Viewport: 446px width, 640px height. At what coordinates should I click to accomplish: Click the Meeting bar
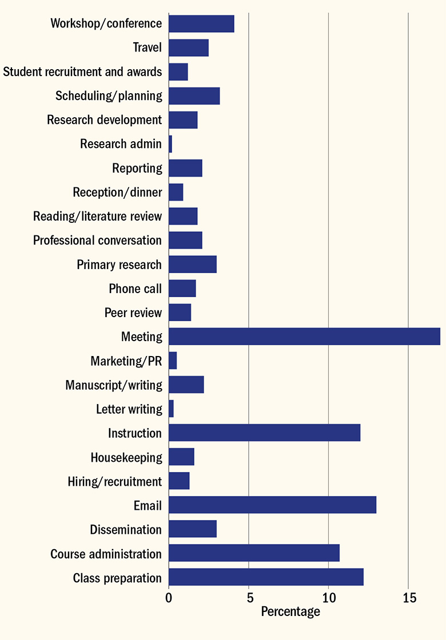(304, 337)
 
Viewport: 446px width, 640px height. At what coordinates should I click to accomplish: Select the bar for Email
(272, 505)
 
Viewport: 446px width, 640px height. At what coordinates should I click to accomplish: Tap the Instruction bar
(264, 433)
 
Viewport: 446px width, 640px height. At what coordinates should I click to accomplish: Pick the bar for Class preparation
(266, 578)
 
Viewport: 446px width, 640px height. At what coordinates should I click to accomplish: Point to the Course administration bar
(254, 554)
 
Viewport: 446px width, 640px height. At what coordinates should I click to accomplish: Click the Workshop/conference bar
(201, 23)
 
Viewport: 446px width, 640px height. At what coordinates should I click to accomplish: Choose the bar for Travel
(189, 47)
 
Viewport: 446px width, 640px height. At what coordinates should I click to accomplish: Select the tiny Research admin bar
(170, 144)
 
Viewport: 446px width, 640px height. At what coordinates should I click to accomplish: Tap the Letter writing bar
(171, 409)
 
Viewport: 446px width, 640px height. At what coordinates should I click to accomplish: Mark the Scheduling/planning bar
(194, 96)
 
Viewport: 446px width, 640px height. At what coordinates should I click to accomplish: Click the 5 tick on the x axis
(249, 598)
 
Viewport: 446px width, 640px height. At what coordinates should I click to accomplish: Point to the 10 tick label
(328, 598)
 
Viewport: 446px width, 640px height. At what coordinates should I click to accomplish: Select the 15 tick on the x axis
(408, 598)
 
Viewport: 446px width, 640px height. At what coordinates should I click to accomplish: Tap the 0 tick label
(169, 598)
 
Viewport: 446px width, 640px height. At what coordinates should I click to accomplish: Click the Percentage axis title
(290, 612)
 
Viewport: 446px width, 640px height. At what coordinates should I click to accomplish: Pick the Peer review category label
(133, 313)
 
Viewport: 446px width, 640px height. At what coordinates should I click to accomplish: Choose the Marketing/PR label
(126, 361)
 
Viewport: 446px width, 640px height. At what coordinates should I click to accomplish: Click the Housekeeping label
(126, 458)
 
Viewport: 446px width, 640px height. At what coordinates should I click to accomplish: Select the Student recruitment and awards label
(82, 72)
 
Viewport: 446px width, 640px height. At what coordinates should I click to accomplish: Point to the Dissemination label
(126, 530)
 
